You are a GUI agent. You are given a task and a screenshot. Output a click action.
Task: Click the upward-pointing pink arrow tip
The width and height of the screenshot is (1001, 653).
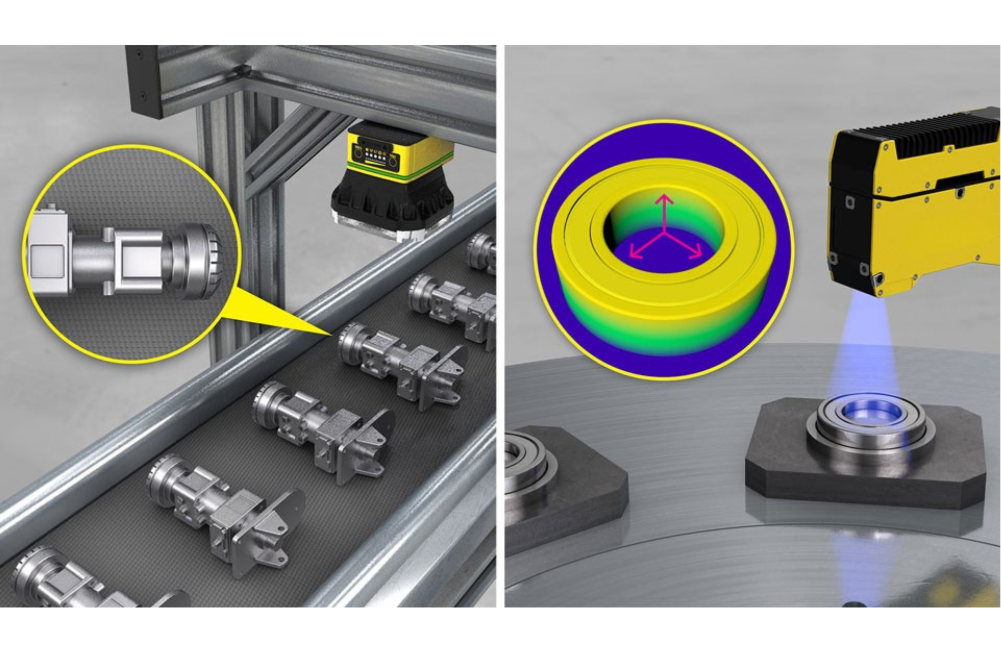click(x=665, y=196)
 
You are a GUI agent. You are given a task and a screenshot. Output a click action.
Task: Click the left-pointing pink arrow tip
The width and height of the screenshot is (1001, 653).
click(x=631, y=256)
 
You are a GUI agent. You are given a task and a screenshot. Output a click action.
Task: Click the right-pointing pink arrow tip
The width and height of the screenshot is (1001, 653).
click(x=701, y=256)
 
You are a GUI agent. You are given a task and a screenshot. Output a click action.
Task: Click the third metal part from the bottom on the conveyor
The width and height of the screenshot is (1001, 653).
click(x=320, y=430)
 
